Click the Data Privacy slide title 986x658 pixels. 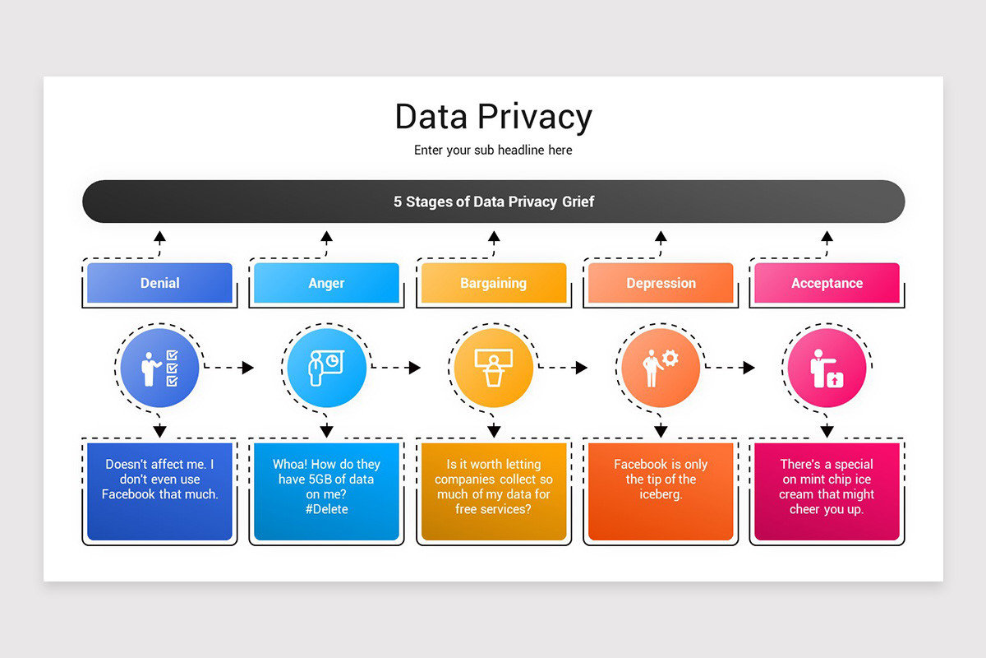click(x=493, y=117)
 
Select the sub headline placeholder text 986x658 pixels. click(x=493, y=151)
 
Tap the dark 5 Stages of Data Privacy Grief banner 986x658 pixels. click(x=493, y=202)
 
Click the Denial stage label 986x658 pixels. click(x=160, y=283)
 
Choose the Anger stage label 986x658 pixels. click(x=326, y=283)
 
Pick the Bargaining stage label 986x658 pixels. click(x=493, y=283)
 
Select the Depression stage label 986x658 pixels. click(x=661, y=283)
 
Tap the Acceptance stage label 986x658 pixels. click(x=827, y=283)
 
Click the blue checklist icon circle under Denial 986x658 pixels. click(x=159, y=368)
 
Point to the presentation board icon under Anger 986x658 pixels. click(x=326, y=368)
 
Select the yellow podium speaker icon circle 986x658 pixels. click(x=493, y=368)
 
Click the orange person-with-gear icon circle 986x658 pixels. click(x=661, y=368)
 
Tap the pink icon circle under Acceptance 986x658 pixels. click(x=827, y=368)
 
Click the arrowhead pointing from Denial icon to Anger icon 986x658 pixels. click(x=248, y=368)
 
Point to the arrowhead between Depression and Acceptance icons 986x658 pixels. click(x=749, y=368)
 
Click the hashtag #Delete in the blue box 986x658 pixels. click(x=327, y=509)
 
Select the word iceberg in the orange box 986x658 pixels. click(x=661, y=494)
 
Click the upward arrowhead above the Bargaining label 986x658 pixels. click(x=494, y=237)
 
